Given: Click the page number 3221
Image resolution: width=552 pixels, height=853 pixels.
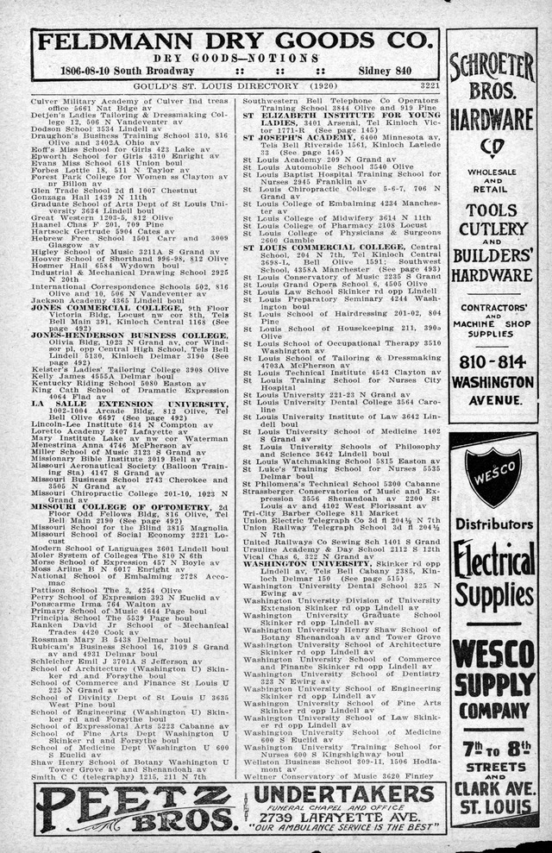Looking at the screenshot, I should (429, 86).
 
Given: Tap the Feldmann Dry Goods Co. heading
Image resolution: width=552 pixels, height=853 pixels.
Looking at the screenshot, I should (235, 43).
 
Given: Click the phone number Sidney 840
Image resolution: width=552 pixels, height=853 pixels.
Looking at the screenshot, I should (403, 71).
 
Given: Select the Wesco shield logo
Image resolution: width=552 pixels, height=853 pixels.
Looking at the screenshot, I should (492, 476).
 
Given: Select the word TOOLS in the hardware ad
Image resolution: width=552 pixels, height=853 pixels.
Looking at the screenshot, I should (493, 210).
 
